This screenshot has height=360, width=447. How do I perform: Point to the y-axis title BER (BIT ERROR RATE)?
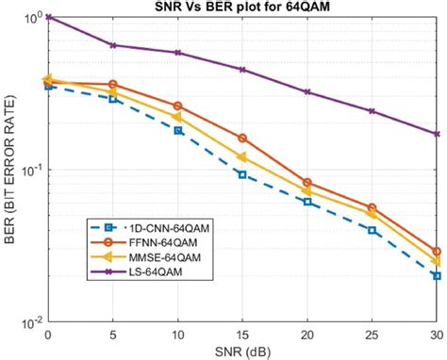tap(10, 171)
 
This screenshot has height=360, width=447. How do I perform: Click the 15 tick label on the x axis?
tap(242, 336)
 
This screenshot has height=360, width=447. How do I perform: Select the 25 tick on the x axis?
tap(372, 336)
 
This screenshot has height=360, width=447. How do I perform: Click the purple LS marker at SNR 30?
tap(437, 134)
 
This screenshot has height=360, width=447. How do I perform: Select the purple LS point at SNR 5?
tap(113, 45)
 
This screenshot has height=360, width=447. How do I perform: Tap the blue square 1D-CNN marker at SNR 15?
tap(242, 174)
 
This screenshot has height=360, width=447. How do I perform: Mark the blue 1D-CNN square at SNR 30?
tap(437, 276)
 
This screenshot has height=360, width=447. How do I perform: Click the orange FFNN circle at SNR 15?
tap(242, 139)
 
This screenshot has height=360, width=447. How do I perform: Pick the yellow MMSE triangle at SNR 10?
tap(177, 117)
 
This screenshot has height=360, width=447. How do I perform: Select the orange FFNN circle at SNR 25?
tap(372, 207)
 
